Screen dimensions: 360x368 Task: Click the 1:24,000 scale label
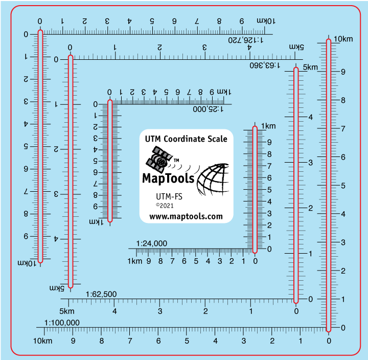click(152, 244)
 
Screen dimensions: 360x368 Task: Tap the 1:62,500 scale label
click(101, 294)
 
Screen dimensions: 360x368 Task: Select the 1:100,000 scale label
click(62, 323)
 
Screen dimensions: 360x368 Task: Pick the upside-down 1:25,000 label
click(209, 109)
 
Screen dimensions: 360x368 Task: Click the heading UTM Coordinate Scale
click(186, 139)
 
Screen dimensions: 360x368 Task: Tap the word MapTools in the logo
click(168, 178)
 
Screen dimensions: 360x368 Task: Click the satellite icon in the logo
click(158, 159)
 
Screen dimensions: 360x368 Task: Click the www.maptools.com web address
click(186, 216)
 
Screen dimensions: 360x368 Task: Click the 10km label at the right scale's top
click(343, 39)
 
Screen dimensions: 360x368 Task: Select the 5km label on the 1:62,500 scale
click(67, 311)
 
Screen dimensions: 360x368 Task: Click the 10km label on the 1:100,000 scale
click(42, 341)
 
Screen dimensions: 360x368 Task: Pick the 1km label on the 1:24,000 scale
click(135, 261)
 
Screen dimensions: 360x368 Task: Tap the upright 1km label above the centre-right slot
click(268, 126)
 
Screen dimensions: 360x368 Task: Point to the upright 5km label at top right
click(310, 67)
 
